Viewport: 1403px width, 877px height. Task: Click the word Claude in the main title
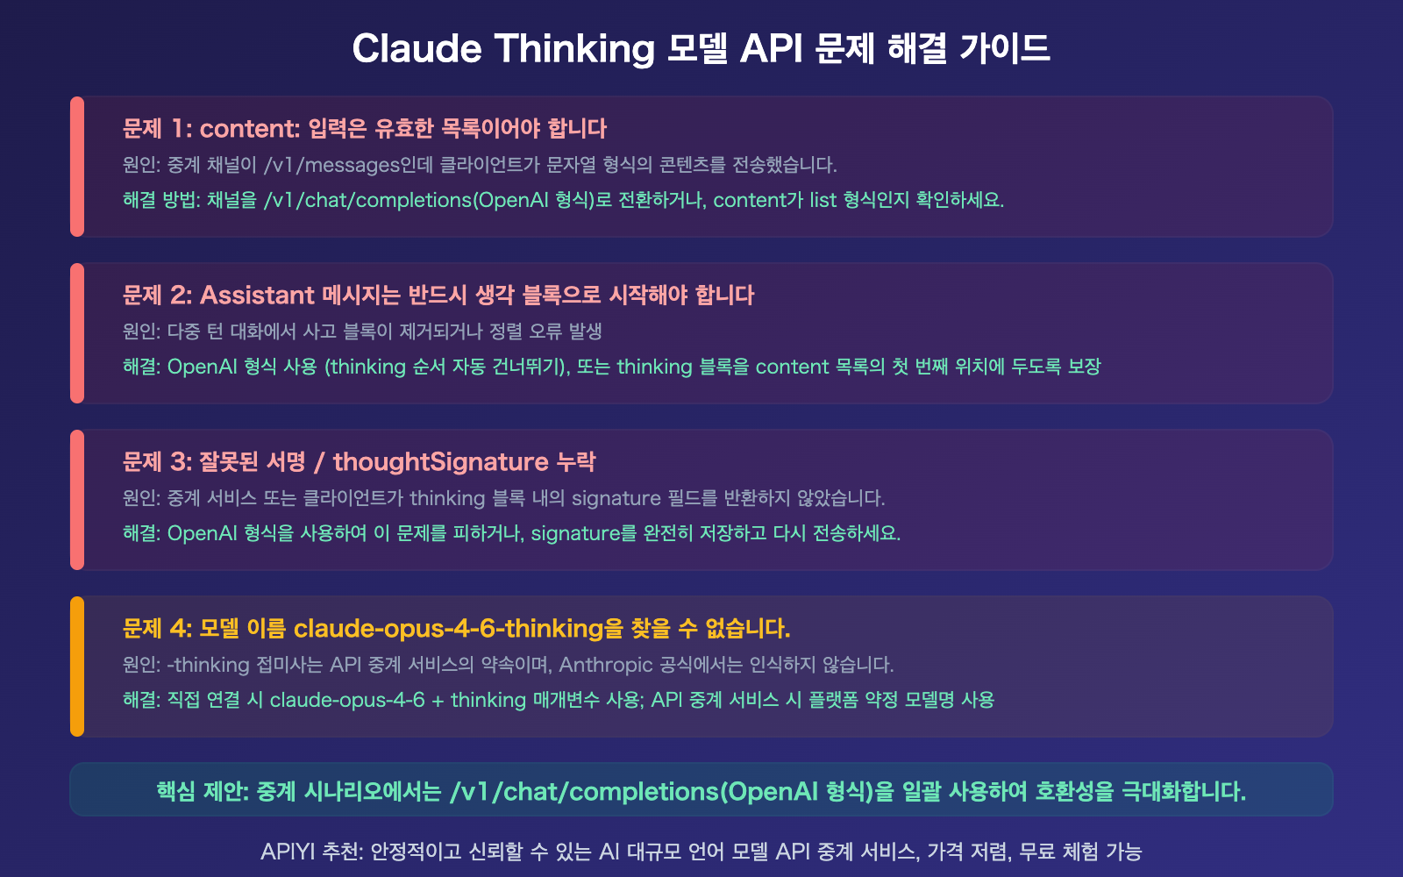pos(417,49)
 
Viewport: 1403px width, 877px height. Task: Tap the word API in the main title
pos(772,49)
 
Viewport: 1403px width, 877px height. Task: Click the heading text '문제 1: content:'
pos(211,129)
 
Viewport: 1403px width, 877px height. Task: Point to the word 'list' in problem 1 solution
pos(823,200)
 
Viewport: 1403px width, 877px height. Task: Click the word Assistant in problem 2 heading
pos(257,296)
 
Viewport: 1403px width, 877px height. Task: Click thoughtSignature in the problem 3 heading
pos(440,462)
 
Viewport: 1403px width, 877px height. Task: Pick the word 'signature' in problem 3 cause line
pos(616,498)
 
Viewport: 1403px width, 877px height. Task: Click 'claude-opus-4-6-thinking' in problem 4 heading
pos(448,629)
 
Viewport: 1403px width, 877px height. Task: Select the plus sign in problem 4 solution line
pos(438,700)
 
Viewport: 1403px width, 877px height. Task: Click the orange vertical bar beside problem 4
pos(77,667)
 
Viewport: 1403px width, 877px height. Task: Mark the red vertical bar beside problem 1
pos(77,167)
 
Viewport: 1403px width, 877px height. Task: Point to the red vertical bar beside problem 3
pos(77,500)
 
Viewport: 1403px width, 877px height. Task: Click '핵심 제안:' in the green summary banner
pos(203,792)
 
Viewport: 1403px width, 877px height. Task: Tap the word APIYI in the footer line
pos(288,852)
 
